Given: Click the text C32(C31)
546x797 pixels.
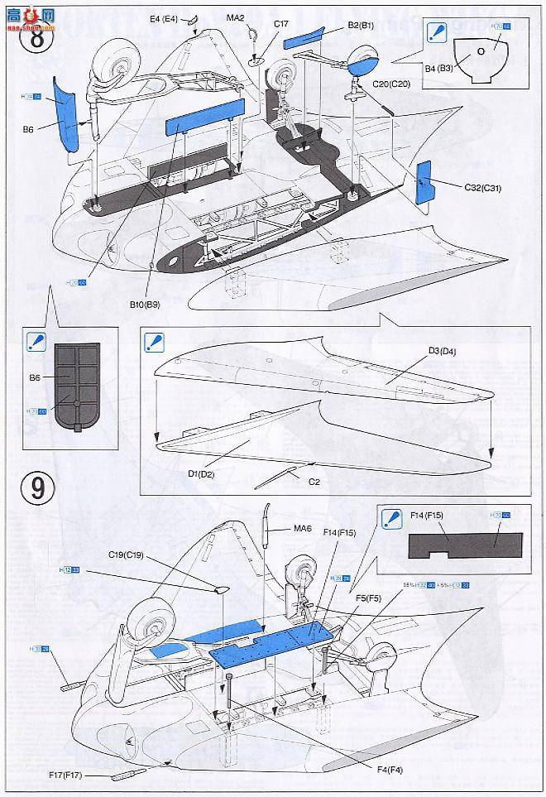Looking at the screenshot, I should [482, 188].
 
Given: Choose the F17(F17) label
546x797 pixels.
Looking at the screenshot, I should [67, 775].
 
